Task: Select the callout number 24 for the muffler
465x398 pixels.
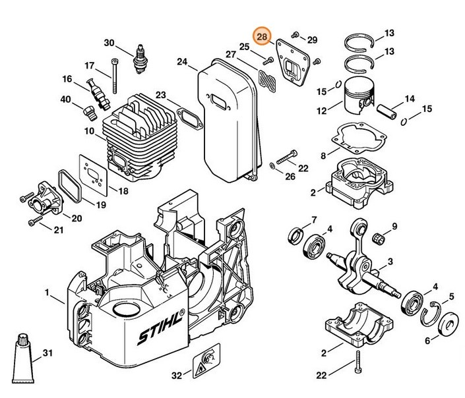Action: pos(183,62)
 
